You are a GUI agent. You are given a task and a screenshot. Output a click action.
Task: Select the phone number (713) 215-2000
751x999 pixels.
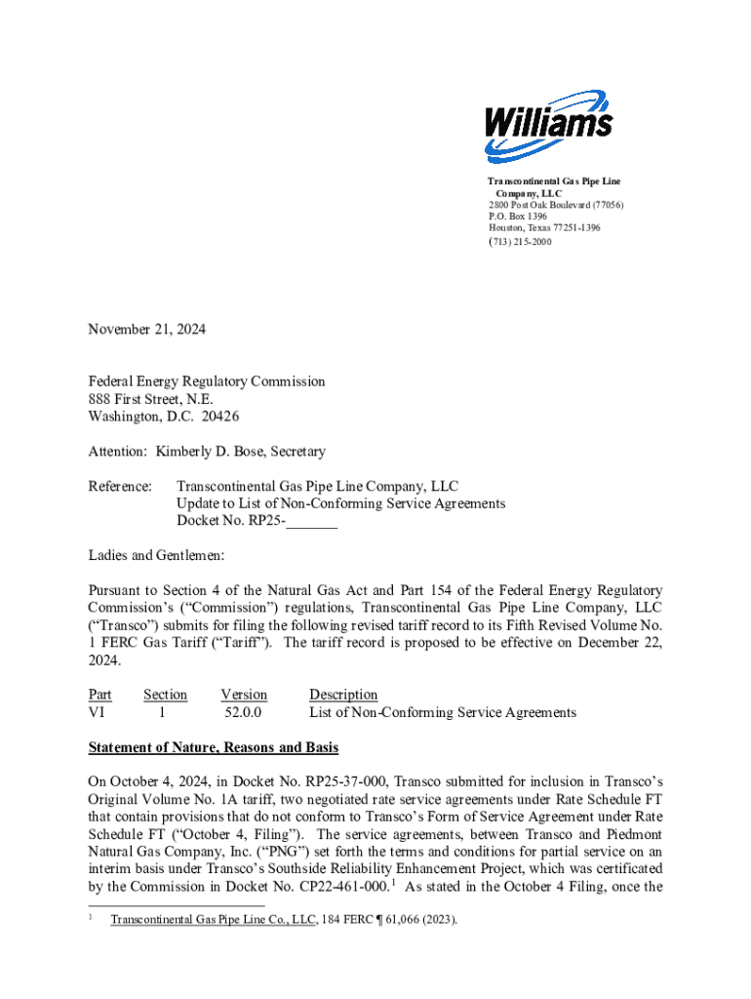pyautogui.click(x=520, y=241)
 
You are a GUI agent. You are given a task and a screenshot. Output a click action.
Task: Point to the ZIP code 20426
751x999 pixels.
pyautogui.click(x=217, y=417)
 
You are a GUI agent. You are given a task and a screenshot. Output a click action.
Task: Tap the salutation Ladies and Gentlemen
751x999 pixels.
pyautogui.click(x=157, y=556)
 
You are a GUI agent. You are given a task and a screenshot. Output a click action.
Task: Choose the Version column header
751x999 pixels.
pyautogui.click(x=244, y=695)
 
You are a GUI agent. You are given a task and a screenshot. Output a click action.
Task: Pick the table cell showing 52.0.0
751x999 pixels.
pyautogui.click(x=244, y=712)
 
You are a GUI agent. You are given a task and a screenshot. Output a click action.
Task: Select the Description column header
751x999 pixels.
pyautogui.click(x=343, y=695)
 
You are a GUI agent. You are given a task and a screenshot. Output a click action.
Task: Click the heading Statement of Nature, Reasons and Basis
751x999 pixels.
pyautogui.click(x=214, y=748)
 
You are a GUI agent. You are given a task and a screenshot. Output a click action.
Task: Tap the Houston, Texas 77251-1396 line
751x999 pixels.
pyautogui.click(x=544, y=228)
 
